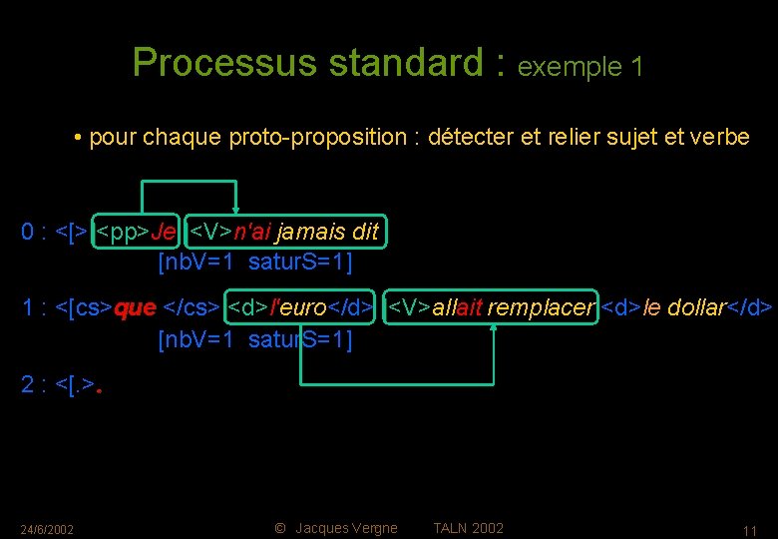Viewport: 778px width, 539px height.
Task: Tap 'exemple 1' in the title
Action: pyautogui.click(x=581, y=67)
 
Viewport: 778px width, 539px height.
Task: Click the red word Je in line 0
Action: pyautogui.click(x=165, y=233)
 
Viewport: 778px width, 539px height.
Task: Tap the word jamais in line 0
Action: pyautogui.click(x=307, y=233)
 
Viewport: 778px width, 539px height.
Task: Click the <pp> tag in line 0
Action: pyautogui.click(x=121, y=233)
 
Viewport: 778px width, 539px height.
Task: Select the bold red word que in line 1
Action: pyautogui.click(x=136, y=307)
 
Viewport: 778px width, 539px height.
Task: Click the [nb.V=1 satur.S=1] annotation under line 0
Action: pyautogui.click(x=255, y=264)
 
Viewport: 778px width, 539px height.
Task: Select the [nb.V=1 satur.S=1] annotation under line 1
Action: pyautogui.click(x=255, y=339)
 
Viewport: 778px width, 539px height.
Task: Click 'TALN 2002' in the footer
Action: pyautogui.click(x=468, y=528)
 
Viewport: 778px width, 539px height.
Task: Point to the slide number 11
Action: pyautogui.click(x=750, y=530)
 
